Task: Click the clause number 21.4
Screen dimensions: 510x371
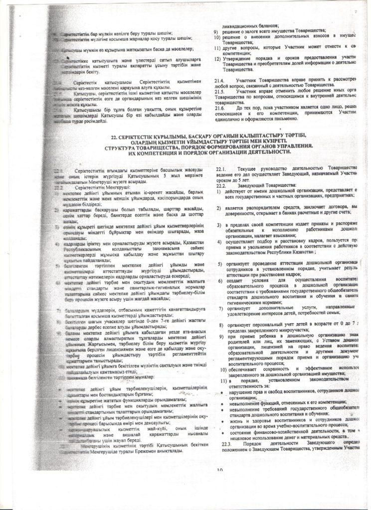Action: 220,80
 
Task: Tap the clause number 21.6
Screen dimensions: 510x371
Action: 220,108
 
